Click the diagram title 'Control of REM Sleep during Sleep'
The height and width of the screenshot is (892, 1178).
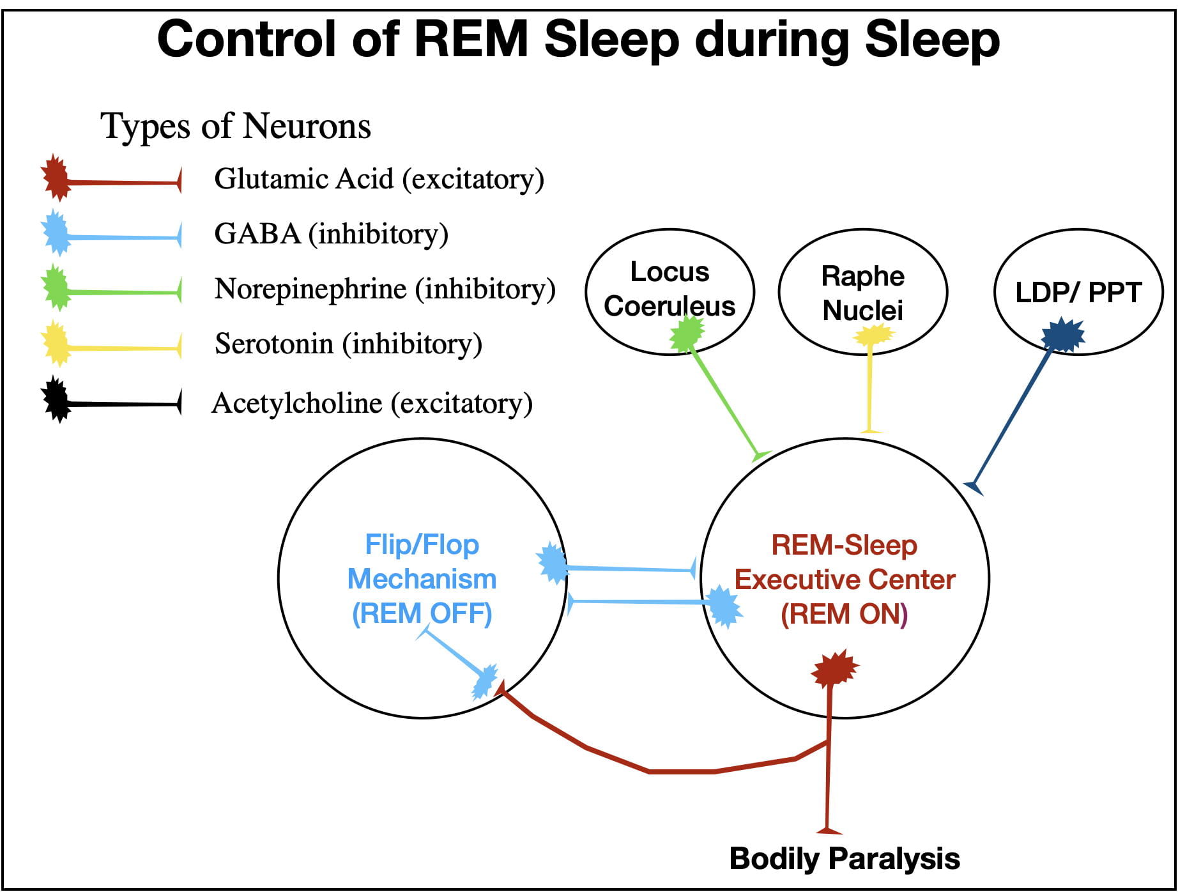[x=578, y=40]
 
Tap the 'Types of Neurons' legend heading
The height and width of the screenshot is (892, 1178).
[x=235, y=125]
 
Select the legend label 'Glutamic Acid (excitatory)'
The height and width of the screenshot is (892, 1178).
[x=379, y=179]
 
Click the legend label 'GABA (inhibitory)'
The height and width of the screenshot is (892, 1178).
[x=331, y=234]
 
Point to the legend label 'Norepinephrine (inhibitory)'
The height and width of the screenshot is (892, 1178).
[x=385, y=289]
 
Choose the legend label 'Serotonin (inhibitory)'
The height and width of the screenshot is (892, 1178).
[x=348, y=344]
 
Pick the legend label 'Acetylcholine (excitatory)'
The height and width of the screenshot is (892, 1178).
[x=372, y=403]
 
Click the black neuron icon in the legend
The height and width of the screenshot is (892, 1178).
[x=57, y=400]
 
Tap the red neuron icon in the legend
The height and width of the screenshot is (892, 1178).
[x=56, y=178]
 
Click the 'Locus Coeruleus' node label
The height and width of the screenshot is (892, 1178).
[x=669, y=289]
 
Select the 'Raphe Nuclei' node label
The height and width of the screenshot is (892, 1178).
[x=862, y=293]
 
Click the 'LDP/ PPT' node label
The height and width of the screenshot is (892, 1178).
[x=1078, y=293]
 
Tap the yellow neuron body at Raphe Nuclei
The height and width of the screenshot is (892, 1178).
[x=873, y=334]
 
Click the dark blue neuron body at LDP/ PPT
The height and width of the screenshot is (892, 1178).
[x=1063, y=335]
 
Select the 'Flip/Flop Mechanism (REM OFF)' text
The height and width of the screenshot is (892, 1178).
[x=422, y=579]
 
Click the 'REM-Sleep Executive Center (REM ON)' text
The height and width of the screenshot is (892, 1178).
[x=845, y=580]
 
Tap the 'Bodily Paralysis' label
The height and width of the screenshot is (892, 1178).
[x=845, y=858]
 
